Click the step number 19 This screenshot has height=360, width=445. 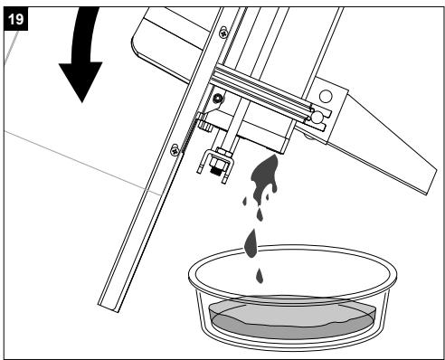[x=15, y=20]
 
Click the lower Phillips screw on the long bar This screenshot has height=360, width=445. [x=175, y=149]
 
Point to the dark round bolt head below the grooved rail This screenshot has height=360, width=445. [x=218, y=98]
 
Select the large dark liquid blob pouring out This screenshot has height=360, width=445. [x=265, y=178]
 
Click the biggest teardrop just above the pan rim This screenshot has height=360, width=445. [x=251, y=243]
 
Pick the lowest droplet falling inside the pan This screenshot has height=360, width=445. [x=260, y=276]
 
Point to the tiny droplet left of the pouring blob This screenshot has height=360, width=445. [x=245, y=201]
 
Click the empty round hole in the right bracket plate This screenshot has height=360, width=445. [x=326, y=97]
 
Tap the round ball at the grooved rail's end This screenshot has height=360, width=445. [x=317, y=118]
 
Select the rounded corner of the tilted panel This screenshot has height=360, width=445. [x=137, y=49]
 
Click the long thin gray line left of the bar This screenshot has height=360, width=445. [x=83, y=163]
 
